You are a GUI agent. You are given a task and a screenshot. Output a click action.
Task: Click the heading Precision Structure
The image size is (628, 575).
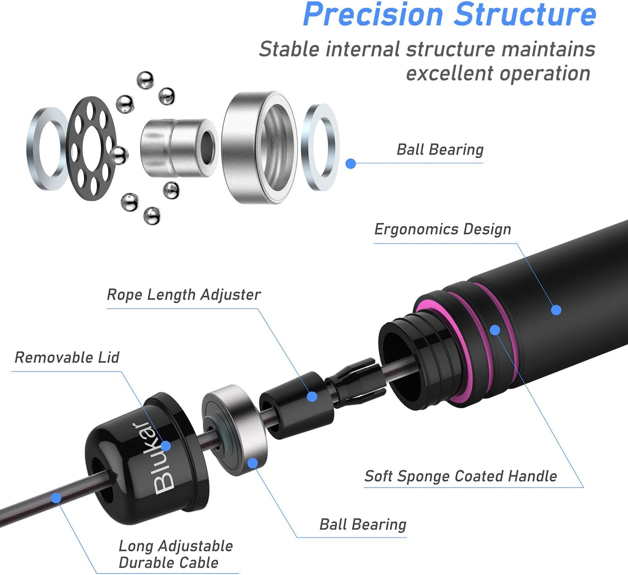(449, 15)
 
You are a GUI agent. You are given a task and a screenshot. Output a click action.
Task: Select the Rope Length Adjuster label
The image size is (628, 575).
(183, 295)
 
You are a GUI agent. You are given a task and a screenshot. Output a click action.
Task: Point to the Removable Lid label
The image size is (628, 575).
(67, 358)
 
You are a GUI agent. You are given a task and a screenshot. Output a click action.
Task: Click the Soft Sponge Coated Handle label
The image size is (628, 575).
(461, 476)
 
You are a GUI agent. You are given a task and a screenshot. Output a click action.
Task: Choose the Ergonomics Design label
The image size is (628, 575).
(443, 229)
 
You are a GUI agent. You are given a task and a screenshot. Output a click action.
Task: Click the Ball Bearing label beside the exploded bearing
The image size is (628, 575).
(440, 150)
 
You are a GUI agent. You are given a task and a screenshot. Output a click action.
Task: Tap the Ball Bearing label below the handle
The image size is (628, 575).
(363, 524)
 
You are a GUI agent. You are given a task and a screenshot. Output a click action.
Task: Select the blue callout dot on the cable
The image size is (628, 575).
(56, 498)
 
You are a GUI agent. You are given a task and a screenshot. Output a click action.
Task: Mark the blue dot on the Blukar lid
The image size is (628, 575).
(166, 446)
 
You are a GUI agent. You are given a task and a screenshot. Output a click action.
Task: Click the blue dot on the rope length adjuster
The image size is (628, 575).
(312, 396)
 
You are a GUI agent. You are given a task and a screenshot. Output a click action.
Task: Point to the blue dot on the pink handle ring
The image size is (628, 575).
(495, 330)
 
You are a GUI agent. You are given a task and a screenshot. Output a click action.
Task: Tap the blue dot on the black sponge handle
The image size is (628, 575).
(556, 310)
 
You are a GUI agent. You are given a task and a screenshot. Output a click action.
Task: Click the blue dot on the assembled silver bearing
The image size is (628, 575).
(252, 463)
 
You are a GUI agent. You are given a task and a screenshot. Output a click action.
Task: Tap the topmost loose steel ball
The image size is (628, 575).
(145, 80)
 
